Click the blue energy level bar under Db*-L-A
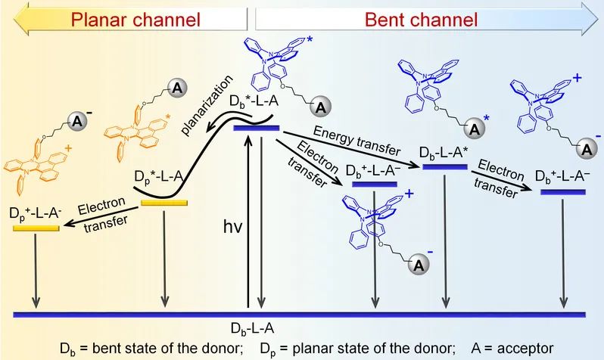tap(257, 129)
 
